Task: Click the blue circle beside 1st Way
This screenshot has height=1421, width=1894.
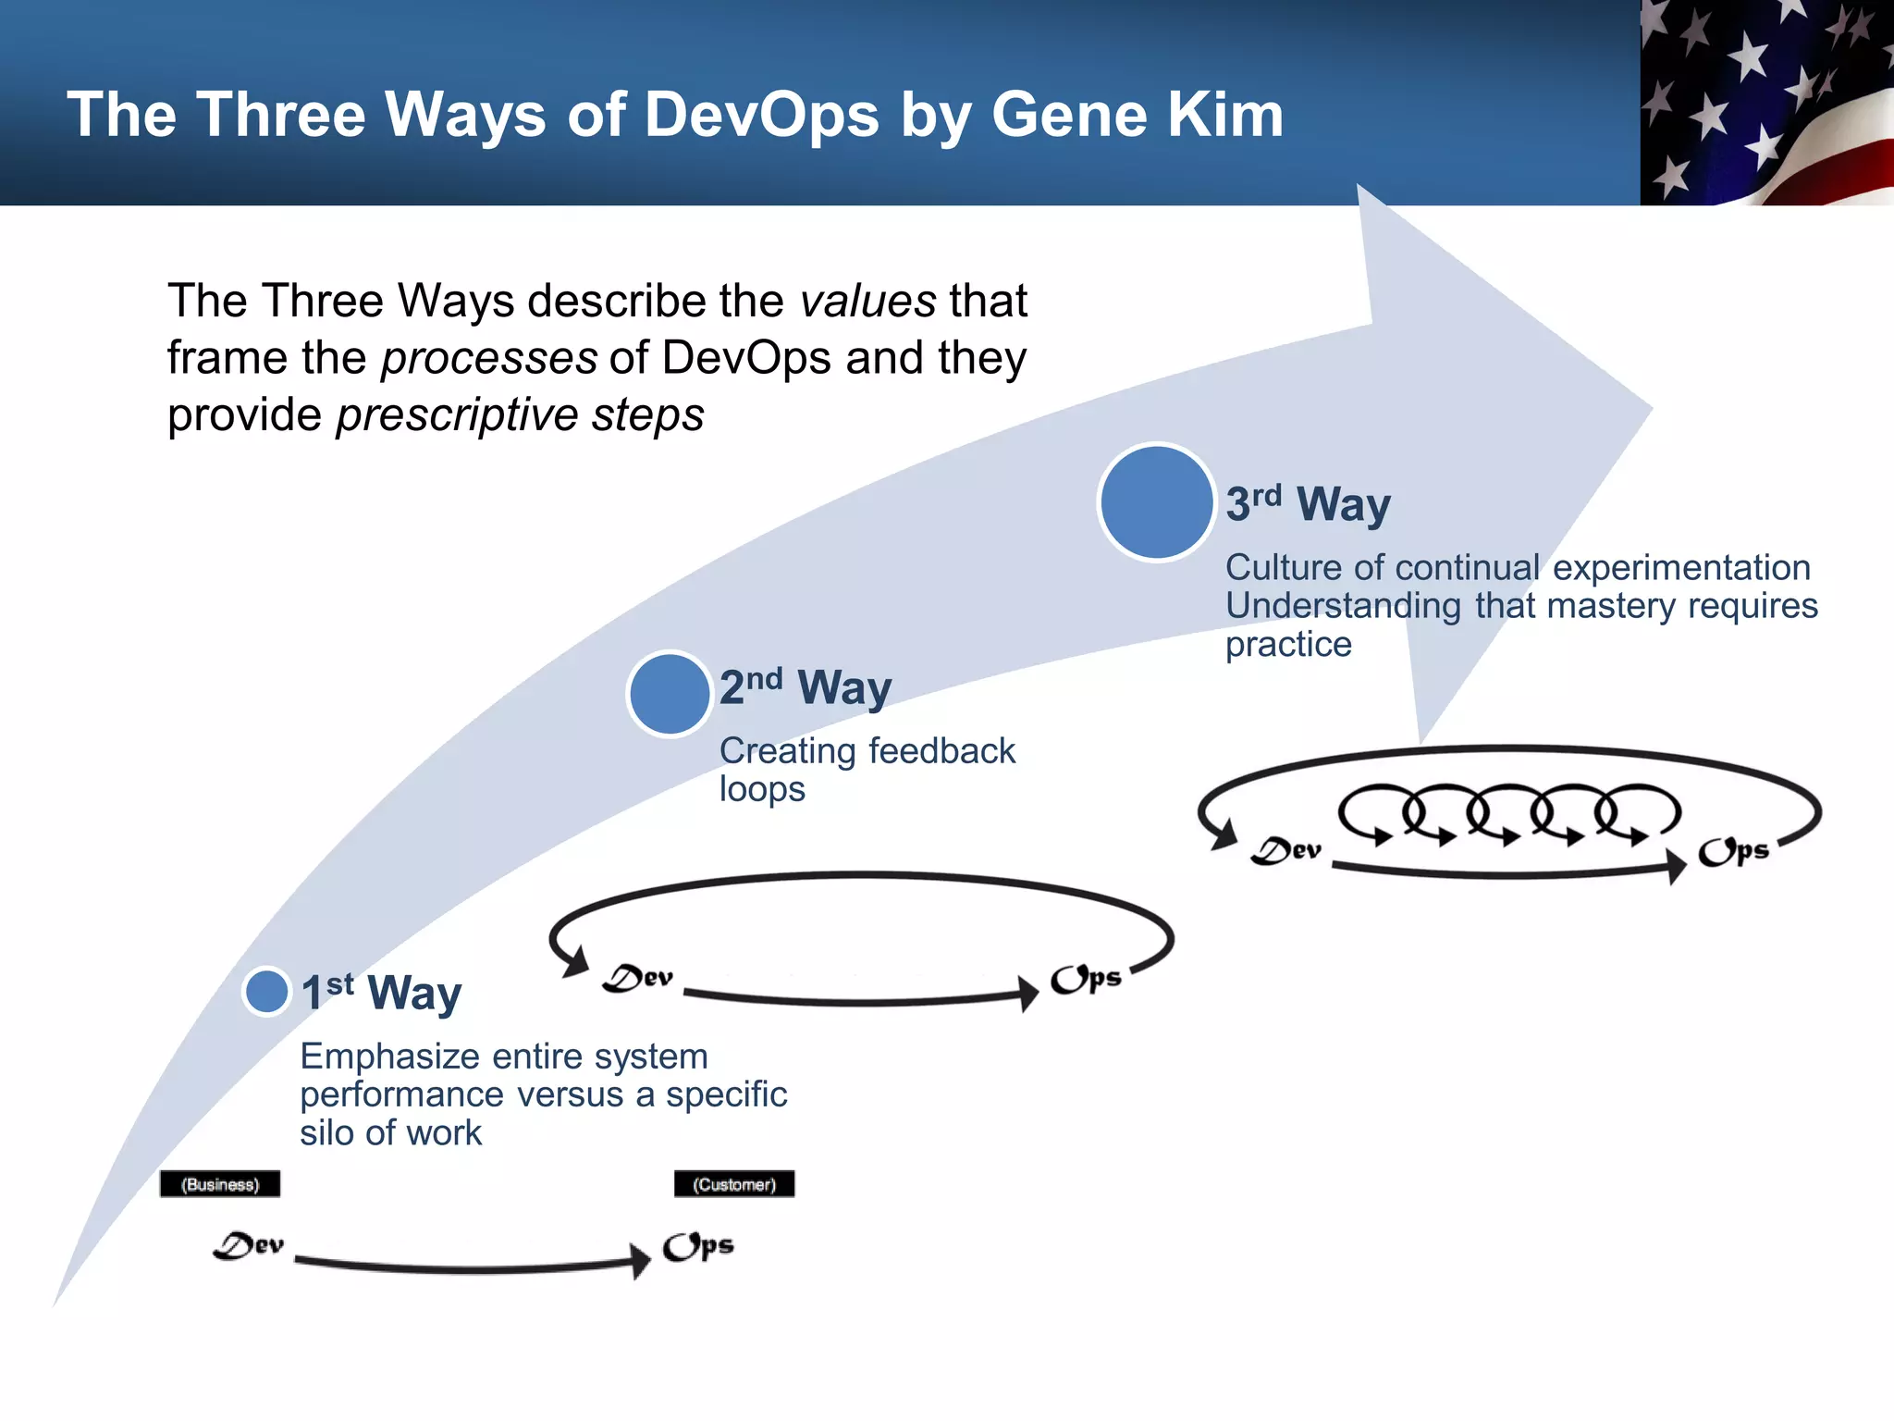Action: click(267, 992)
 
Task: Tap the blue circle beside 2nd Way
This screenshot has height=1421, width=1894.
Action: click(669, 694)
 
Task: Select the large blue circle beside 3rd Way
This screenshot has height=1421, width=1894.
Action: click(1156, 502)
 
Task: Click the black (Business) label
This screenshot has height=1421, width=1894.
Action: click(220, 1184)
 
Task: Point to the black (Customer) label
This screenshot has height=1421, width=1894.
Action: click(734, 1184)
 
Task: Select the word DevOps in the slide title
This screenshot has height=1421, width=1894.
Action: click(761, 115)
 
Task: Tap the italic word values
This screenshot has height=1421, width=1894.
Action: click(868, 302)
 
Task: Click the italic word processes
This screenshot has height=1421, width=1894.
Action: click(489, 358)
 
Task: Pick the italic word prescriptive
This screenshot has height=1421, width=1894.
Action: click(457, 415)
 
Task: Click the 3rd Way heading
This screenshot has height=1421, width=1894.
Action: click(1308, 504)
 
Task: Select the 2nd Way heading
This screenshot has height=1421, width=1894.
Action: click(806, 687)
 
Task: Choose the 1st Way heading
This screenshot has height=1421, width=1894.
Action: click(381, 993)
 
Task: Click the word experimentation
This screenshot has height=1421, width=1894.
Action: click(1680, 567)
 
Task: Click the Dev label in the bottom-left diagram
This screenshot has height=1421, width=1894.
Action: click(248, 1246)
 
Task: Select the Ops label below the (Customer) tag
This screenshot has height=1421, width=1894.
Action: click(698, 1247)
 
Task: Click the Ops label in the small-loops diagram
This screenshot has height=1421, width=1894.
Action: click(1733, 851)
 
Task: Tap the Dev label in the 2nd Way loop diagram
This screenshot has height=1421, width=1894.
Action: click(638, 978)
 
